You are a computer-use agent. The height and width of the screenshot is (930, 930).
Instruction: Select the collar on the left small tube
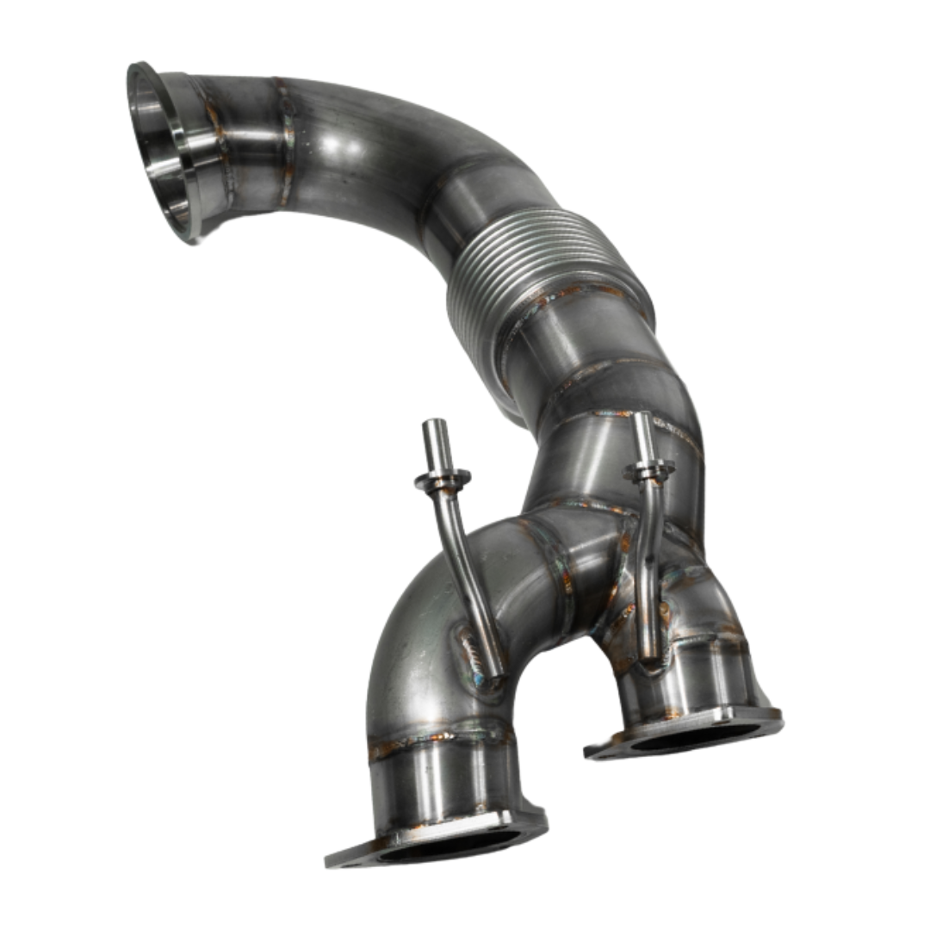click(x=443, y=479)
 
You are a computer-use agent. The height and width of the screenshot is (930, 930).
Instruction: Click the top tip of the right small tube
click(x=642, y=420)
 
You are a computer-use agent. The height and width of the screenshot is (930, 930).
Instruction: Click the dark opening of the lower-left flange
click(x=448, y=848)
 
